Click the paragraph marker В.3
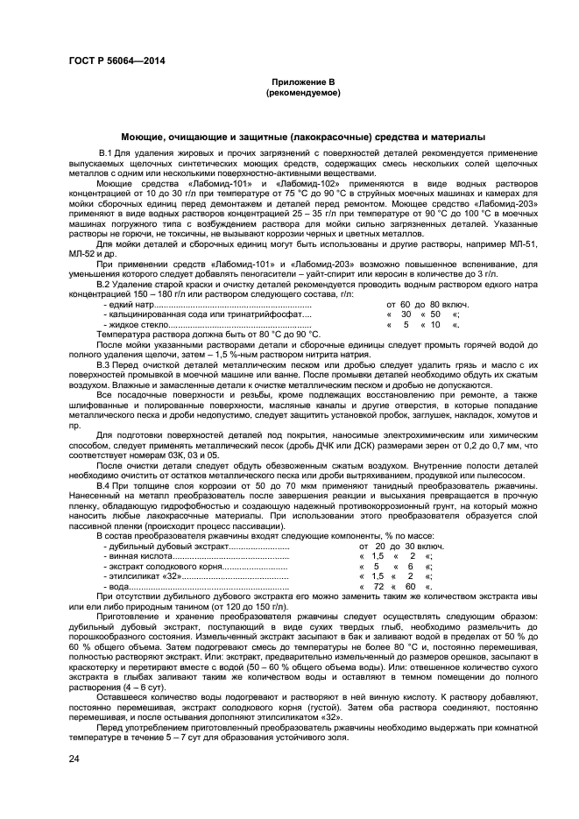[106, 364]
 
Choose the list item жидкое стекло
[136, 324]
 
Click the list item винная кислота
[137, 555]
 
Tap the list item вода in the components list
[117, 586]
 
